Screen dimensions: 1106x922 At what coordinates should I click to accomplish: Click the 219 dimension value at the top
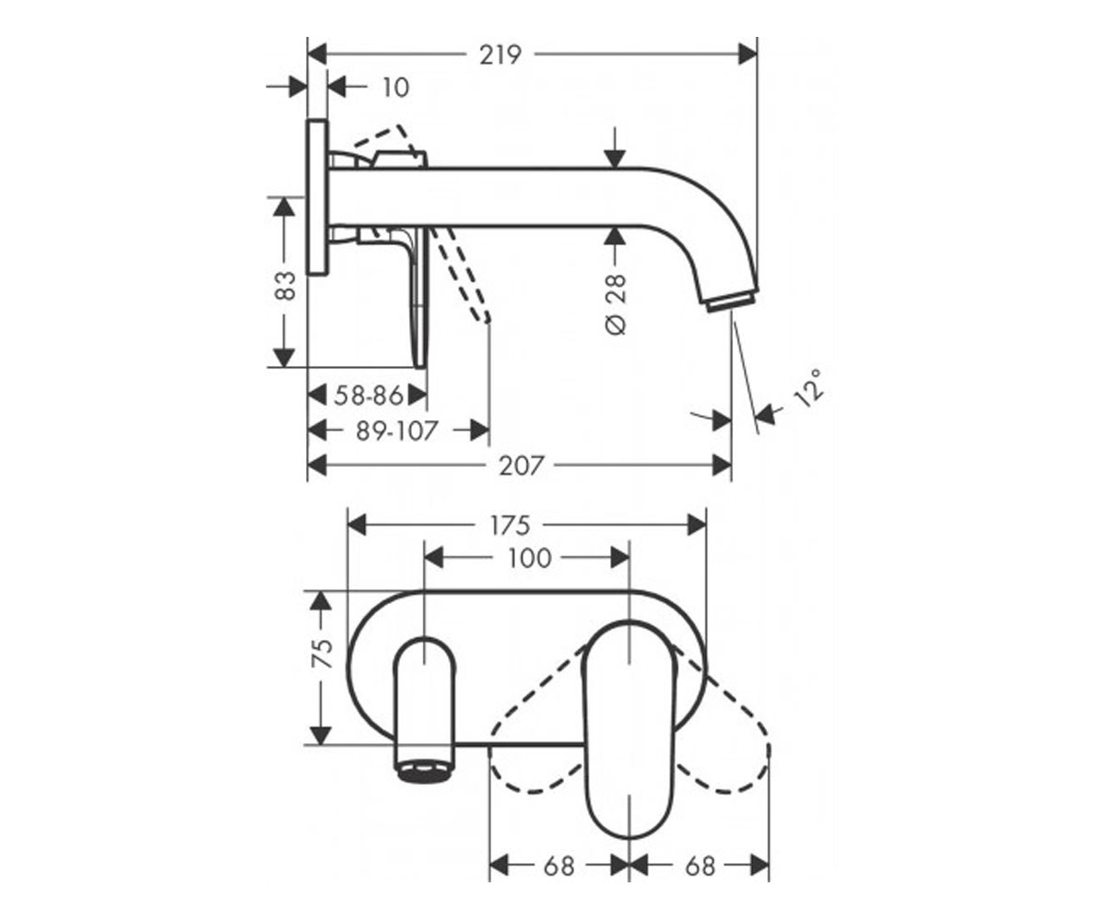pos(500,55)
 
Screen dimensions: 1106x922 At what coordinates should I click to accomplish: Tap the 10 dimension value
pos(395,88)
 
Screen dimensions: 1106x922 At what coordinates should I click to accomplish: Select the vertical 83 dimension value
pos(286,286)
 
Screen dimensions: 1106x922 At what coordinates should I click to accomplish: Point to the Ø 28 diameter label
pos(616,304)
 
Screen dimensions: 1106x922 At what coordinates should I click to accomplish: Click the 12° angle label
pos(808,387)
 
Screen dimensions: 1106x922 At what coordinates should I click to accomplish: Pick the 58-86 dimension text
pos(370,396)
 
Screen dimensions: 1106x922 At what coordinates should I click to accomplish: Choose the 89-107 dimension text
pos(396,431)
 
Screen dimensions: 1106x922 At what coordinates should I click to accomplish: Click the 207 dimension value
pos(522,466)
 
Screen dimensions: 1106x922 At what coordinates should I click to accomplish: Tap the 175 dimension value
pos(510,526)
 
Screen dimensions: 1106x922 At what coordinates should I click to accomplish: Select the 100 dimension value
pos(530,559)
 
